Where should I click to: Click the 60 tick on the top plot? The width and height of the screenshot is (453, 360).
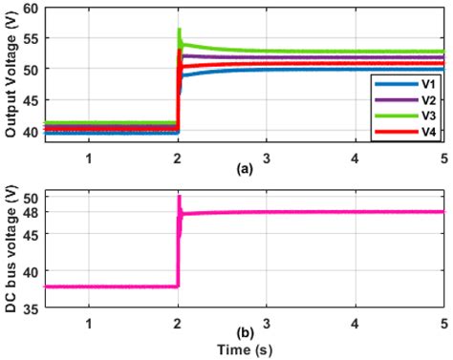32,9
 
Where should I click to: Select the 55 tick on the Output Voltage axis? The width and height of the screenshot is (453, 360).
32,39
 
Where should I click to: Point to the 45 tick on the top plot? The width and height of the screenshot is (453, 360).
32,100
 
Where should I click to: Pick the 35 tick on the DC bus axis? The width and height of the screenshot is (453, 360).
32,307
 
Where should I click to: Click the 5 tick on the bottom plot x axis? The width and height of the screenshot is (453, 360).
443,323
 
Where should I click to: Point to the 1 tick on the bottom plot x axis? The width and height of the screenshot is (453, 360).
89,323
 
